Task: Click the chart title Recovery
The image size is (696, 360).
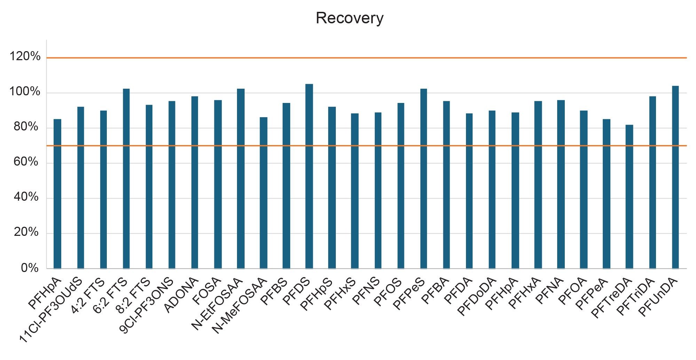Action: [x=349, y=18]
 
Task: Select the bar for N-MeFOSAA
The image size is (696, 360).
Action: [x=263, y=193]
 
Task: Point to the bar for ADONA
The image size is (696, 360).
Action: [x=195, y=182]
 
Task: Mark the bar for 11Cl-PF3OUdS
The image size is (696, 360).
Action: [x=80, y=187]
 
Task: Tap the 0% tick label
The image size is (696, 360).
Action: [x=30, y=268]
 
